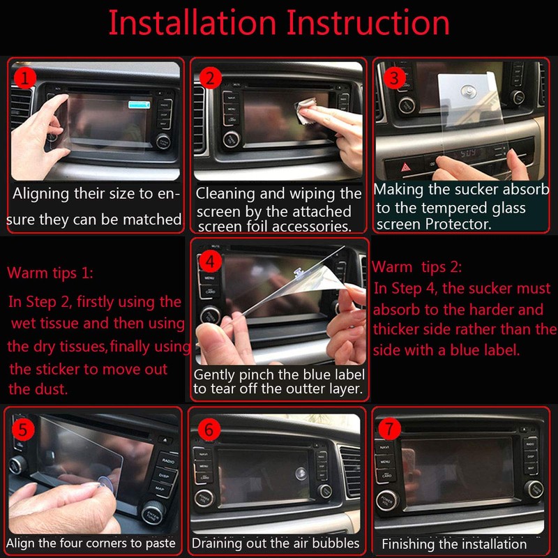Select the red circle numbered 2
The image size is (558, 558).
pos(209,77)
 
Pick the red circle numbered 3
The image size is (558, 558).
pos(394,77)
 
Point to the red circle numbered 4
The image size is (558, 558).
pos(209,261)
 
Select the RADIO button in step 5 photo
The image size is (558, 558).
pos(167,461)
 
